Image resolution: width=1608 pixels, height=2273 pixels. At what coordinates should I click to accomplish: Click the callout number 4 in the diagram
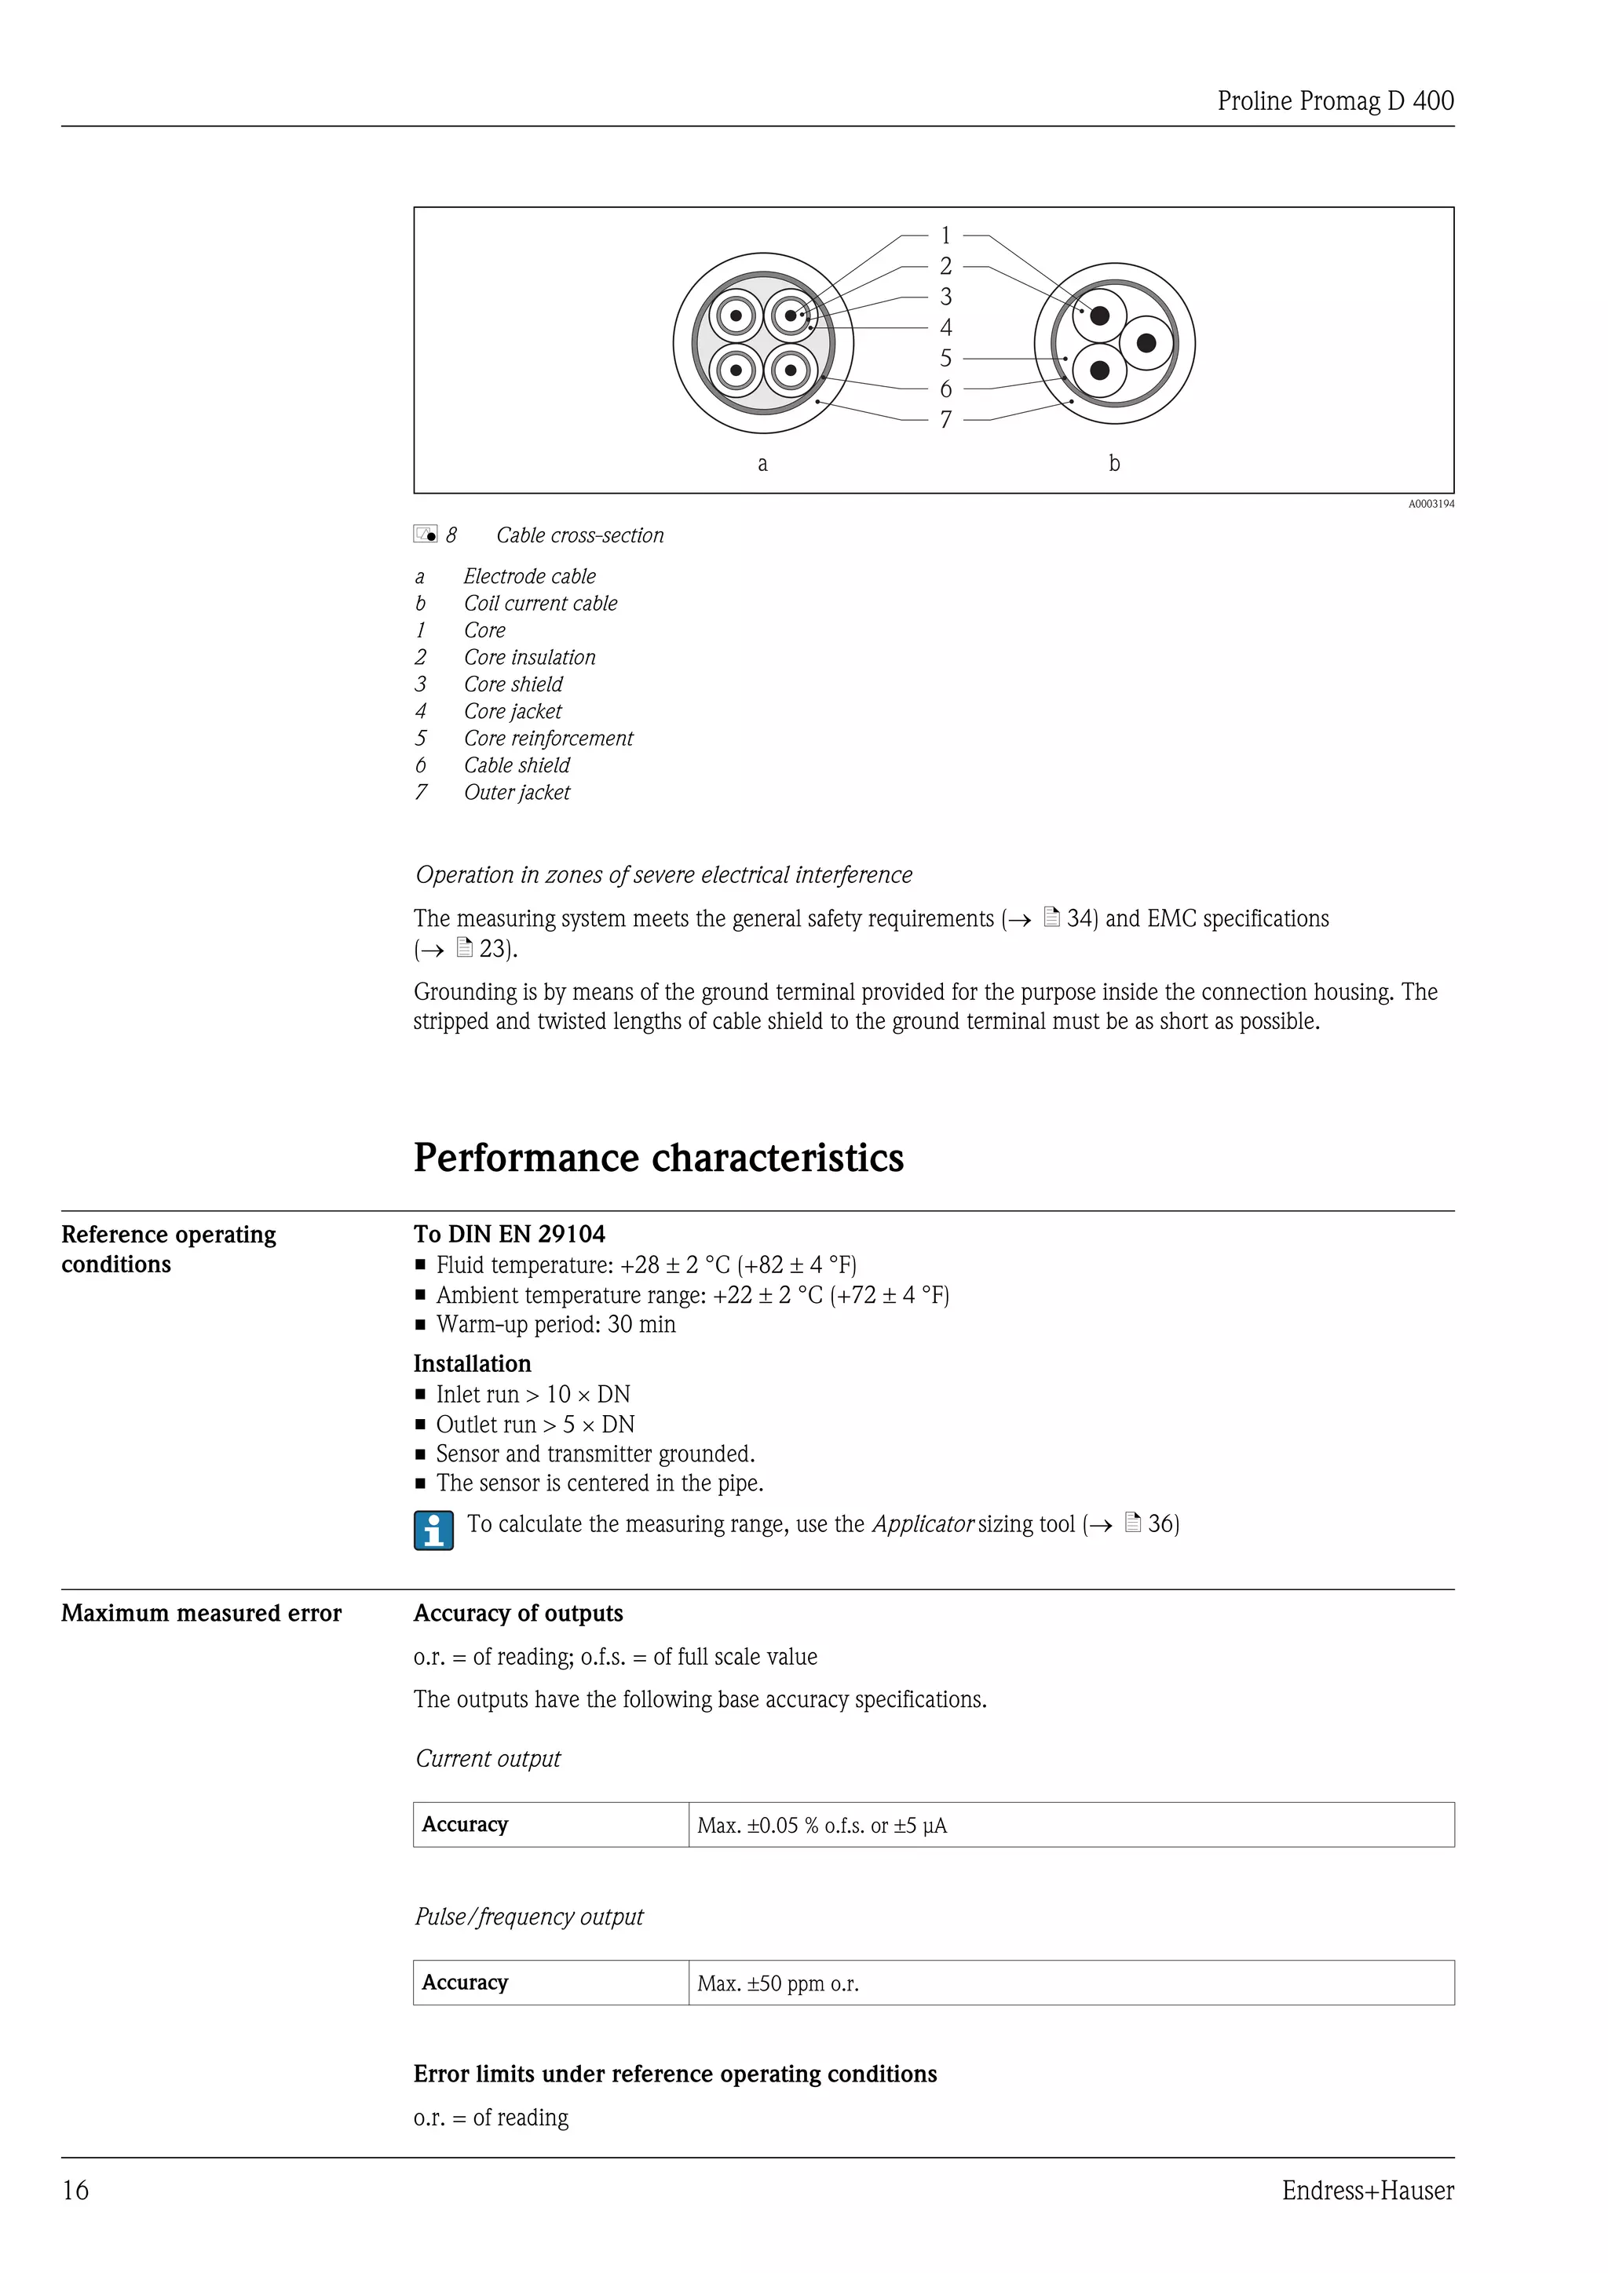945,327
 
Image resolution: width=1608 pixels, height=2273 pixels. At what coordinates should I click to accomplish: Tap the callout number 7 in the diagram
945,420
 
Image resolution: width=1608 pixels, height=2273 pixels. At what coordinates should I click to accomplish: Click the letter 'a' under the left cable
762,463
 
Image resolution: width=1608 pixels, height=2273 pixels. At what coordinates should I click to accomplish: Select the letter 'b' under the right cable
1114,462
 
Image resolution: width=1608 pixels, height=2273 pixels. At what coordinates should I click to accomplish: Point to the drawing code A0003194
1431,504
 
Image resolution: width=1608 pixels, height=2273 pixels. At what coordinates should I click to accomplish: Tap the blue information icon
433,1530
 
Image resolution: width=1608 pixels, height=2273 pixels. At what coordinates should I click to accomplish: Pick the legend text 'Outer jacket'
517,792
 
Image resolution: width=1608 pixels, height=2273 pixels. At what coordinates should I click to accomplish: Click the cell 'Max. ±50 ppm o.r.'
777,1983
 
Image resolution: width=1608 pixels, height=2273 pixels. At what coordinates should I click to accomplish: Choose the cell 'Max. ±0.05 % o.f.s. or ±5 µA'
822,1826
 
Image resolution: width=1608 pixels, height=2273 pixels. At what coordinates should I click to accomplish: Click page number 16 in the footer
75,2190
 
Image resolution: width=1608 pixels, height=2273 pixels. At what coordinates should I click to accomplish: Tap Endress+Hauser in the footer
1368,2190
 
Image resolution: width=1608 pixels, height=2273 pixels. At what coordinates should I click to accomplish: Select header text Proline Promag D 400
1335,101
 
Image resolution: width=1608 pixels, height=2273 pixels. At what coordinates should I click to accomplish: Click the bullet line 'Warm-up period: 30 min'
555,1325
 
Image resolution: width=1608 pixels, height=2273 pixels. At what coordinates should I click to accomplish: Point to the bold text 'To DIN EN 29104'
509,1234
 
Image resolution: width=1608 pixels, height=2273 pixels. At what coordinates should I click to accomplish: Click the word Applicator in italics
922,1523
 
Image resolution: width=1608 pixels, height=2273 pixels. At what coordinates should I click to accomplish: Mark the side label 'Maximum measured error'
201,1613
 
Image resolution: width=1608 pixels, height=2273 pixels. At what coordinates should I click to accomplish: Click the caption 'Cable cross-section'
579,535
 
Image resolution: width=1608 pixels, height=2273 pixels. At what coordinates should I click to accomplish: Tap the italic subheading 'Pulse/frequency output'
528,1917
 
